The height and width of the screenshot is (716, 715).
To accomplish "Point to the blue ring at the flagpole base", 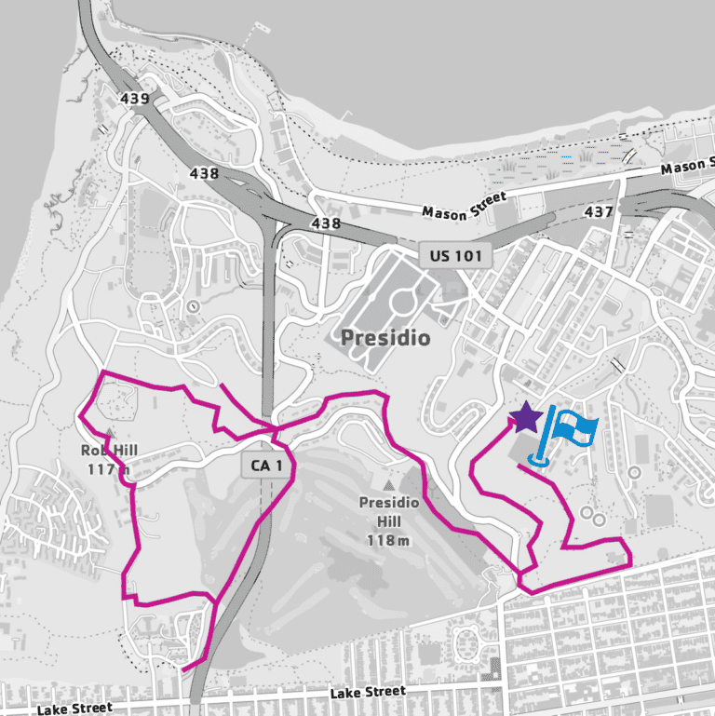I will (538, 458).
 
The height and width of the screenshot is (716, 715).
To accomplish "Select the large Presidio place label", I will (385, 338).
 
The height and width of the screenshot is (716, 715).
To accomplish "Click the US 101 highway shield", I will (453, 254).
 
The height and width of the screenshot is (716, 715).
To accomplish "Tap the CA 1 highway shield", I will (265, 466).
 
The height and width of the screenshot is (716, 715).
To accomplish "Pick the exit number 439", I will (135, 99).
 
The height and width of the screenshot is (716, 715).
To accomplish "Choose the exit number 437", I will (599, 211).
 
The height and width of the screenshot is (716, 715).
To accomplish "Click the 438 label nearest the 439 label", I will (203, 173).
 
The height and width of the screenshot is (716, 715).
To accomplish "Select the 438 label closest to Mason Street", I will (326, 223).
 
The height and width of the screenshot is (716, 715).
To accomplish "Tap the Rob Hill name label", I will (110, 451).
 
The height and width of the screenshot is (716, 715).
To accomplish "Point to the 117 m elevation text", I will (110, 468).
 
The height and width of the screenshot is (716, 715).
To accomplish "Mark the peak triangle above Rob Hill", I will (110, 434).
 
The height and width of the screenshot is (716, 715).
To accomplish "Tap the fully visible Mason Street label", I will (465, 205).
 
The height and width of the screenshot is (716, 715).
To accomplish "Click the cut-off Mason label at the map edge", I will (687, 168).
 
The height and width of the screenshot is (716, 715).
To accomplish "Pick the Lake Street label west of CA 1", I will (74, 709).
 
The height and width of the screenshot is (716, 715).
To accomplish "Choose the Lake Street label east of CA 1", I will (368, 693).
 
